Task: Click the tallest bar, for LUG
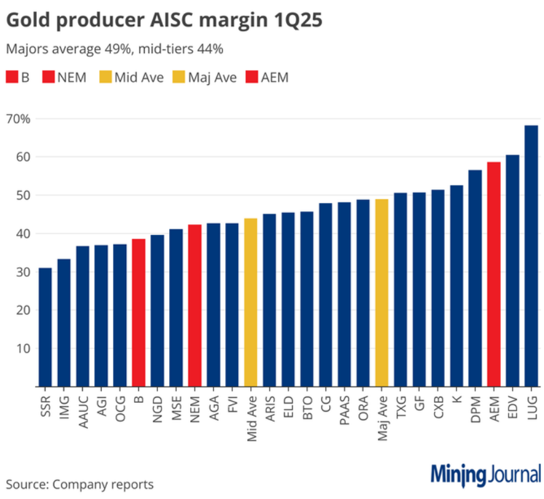[531, 256]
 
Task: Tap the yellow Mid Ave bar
[251, 302]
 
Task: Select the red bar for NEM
[195, 305]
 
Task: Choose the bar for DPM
[475, 278]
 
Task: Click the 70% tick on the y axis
[18, 119]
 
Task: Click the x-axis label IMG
[64, 407]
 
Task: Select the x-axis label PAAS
[344, 409]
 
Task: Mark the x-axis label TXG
[401, 407]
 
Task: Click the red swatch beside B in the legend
[12, 77]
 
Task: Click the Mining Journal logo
[485, 475]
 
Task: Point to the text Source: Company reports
[80, 484]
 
